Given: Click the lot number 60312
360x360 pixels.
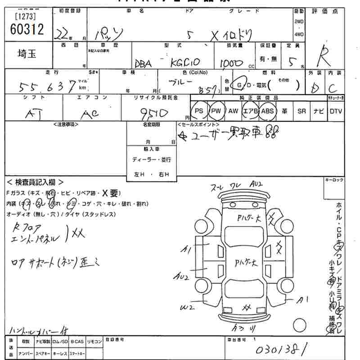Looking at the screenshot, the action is click(x=27, y=30).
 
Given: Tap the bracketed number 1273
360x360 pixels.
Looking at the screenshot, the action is click(x=26, y=17).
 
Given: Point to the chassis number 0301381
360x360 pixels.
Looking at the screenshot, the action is click(x=281, y=349).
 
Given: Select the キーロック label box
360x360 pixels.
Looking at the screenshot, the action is click(x=333, y=180).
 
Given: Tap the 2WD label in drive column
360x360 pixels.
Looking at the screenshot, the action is click(x=298, y=21).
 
